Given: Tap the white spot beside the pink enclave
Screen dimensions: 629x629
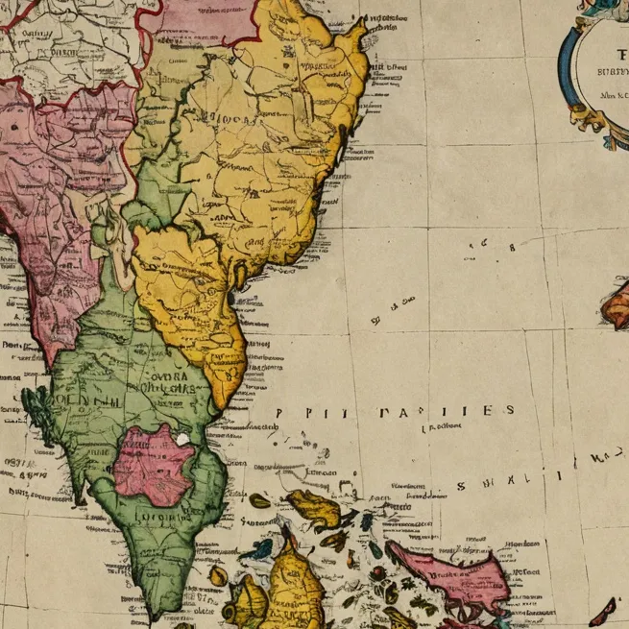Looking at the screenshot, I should pos(182,438).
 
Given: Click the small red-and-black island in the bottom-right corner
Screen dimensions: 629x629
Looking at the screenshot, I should pos(604,611).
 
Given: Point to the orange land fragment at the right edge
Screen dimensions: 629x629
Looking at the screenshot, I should pos(617,305).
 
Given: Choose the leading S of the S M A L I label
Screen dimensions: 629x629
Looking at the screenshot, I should pos(462,486).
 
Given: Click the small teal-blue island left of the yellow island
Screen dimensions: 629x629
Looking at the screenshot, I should pos(260,550).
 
